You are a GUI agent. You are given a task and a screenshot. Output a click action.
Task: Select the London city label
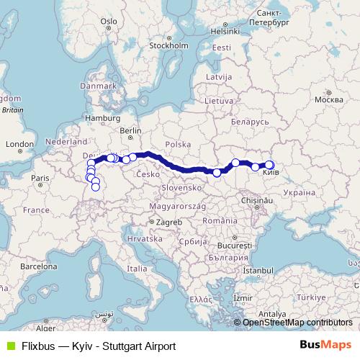15,144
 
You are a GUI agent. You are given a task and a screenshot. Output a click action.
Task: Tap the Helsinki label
224,31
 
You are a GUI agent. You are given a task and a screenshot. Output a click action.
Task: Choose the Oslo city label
109,22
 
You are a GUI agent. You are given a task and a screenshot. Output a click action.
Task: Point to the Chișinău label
264,199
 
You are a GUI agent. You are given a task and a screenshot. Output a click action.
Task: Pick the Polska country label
176,144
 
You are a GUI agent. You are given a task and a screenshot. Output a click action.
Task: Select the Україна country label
297,193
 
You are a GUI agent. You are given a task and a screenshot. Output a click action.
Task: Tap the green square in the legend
9,346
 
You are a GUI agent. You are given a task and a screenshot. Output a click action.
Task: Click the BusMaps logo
324,346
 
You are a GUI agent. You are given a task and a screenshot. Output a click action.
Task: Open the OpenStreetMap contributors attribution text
297,323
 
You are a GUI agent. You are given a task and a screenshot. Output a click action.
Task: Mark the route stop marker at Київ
269,165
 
